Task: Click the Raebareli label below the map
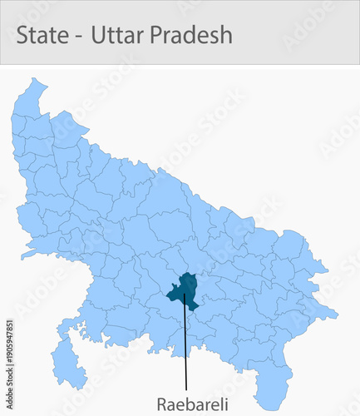[x=186, y=402]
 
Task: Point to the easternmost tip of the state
[x=337, y=314]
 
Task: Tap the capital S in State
[x=22, y=35]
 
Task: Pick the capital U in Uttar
[x=97, y=35]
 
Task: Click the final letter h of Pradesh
[x=226, y=35]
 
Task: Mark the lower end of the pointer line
[x=186, y=389]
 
